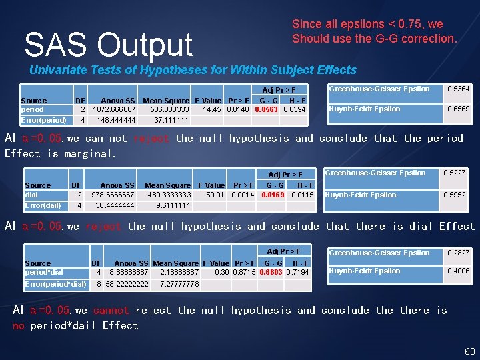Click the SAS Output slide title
click(108, 45)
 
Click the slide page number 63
click(469, 351)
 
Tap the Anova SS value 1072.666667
click(114, 109)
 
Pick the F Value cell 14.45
click(212, 109)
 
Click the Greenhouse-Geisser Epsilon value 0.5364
click(458, 89)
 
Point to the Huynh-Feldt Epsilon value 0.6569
click(458, 109)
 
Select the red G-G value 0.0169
click(273, 195)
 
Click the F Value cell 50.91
click(215, 195)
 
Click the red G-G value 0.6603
click(271, 273)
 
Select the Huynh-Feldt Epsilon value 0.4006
click(458, 271)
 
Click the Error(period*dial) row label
click(55, 285)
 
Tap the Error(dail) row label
click(43, 206)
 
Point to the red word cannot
click(111, 311)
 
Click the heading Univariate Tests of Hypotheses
click(193, 70)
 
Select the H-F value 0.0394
click(294, 109)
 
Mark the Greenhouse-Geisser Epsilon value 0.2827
click(458, 253)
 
